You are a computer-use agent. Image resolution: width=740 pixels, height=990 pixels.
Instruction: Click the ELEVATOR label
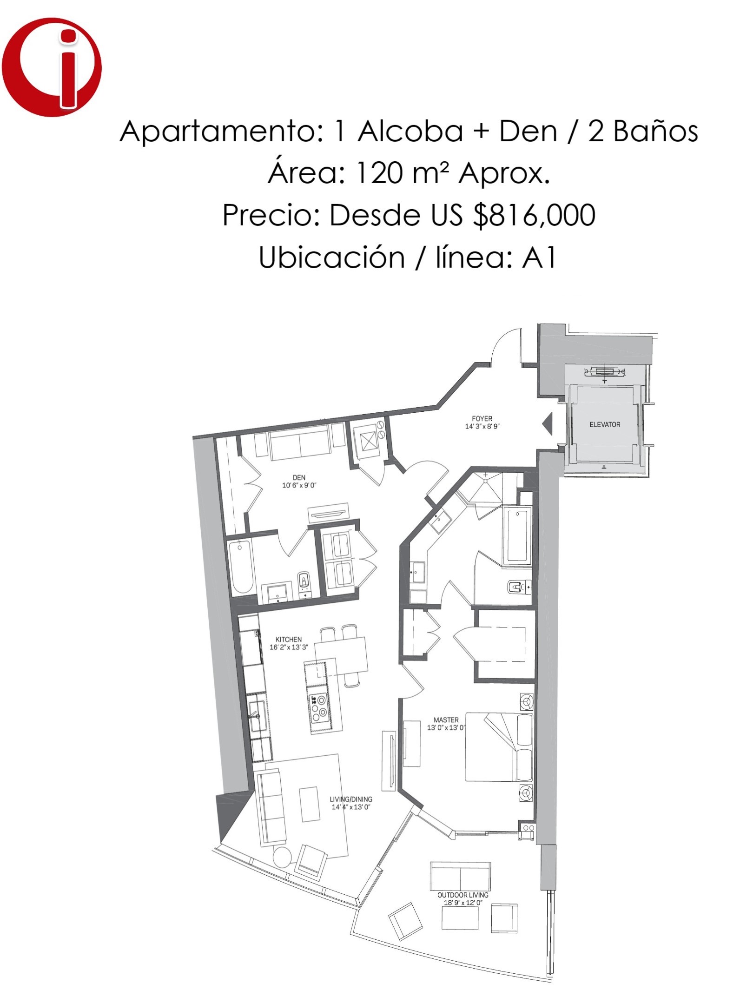click(605, 424)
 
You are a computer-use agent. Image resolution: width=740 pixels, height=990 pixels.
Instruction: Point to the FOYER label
click(482, 418)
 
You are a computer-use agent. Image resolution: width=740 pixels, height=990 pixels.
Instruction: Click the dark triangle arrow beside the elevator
click(548, 423)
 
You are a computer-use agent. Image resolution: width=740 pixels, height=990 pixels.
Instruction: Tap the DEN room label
click(299, 477)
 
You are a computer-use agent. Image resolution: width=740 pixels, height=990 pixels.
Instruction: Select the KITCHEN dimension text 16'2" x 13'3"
click(289, 647)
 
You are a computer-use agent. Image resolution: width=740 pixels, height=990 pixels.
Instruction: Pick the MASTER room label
click(446, 720)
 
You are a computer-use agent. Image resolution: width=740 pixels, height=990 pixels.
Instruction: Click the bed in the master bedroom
click(499, 747)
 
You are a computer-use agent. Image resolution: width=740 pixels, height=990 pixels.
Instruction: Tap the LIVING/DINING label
click(351, 799)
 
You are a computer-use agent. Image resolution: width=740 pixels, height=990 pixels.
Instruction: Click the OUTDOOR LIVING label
click(463, 895)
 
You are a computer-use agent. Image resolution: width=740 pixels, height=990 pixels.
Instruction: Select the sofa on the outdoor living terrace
click(460, 877)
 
